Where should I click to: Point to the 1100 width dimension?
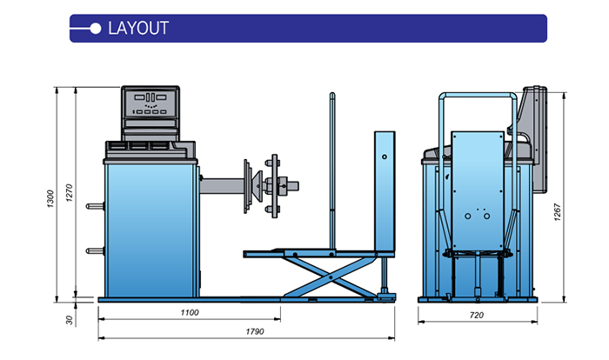click(x=189, y=311)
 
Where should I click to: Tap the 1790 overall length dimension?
click(x=254, y=331)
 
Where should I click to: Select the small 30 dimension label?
click(x=70, y=320)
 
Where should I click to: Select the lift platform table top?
click(x=313, y=252)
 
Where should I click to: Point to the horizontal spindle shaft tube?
click(x=222, y=184)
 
